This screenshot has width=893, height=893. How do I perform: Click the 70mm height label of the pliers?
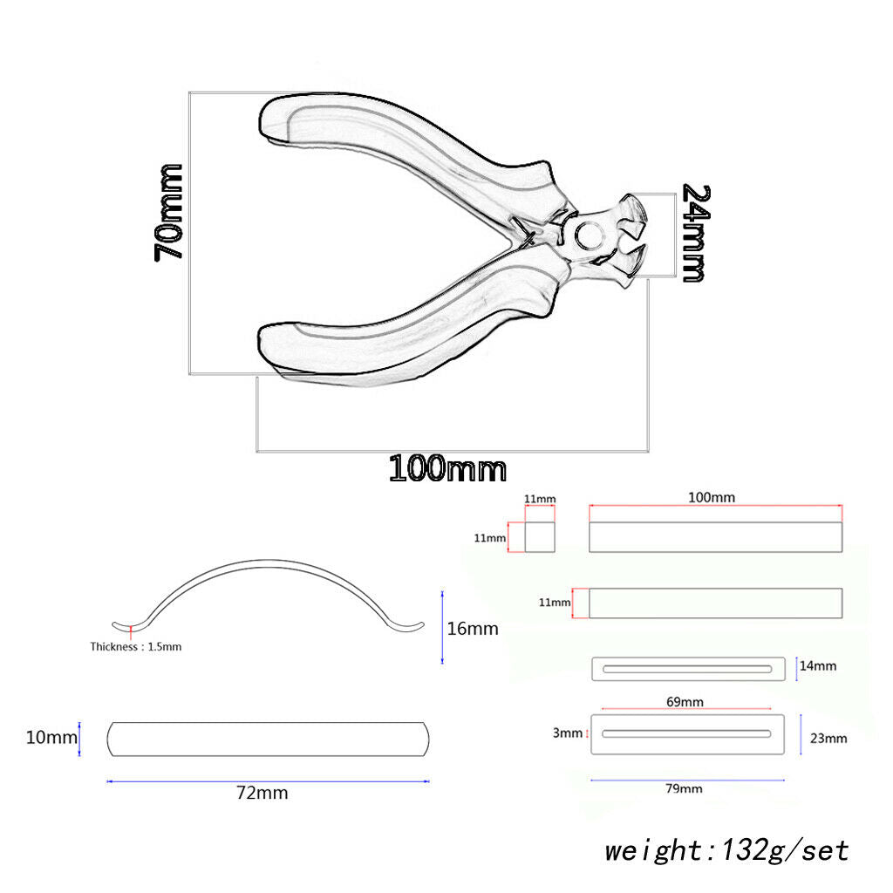[x=168, y=213]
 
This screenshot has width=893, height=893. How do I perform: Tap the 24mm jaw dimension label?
[x=696, y=233]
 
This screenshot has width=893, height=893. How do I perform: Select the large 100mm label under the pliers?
[x=447, y=468]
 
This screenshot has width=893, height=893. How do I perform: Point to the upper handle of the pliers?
[x=399, y=142]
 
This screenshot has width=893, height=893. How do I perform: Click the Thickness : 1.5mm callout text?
[x=135, y=646]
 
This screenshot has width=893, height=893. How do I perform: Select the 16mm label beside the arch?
[x=472, y=629]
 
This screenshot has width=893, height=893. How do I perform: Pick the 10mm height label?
[x=51, y=738]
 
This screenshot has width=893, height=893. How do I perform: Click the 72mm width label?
[x=262, y=793]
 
